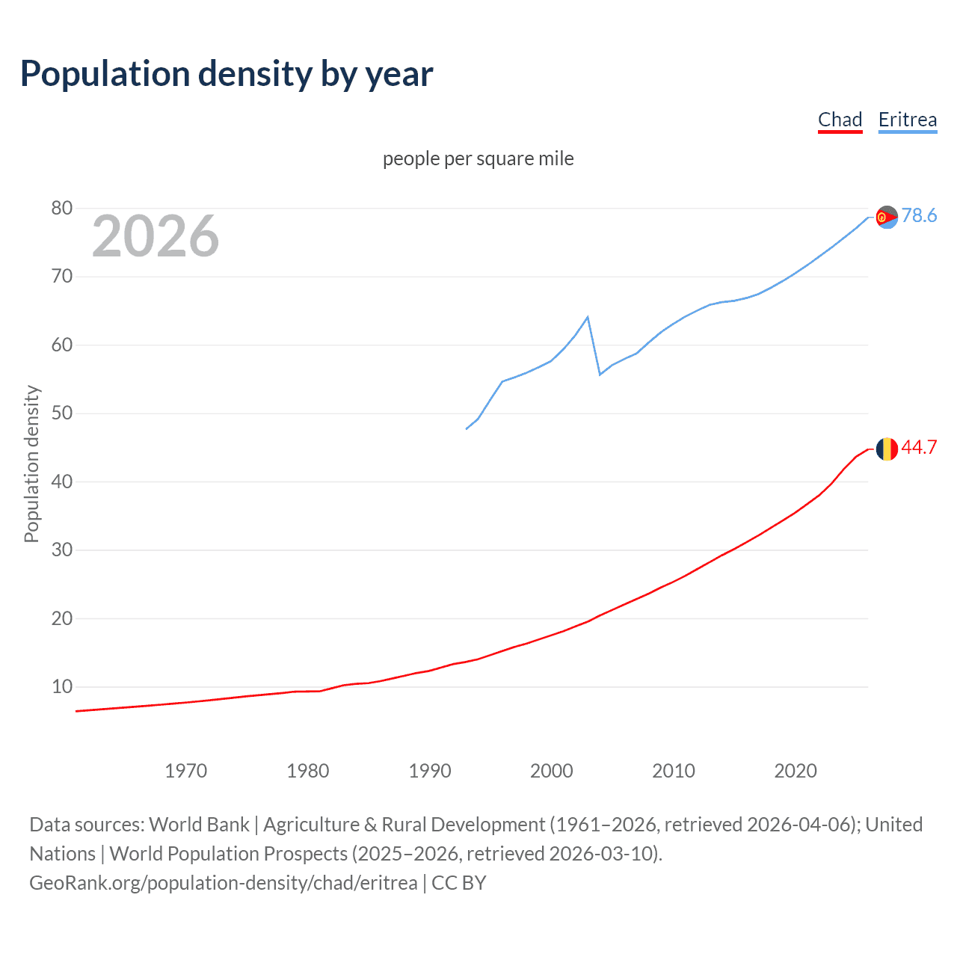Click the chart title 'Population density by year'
[x=227, y=74]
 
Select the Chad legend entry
[x=840, y=120]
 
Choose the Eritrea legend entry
[x=907, y=120]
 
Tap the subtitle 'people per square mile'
[x=478, y=159]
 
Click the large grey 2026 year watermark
[x=156, y=236]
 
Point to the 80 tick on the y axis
[x=62, y=209]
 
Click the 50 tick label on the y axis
[x=62, y=413]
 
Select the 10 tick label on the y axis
[x=62, y=686]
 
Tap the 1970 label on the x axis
[x=185, y=771]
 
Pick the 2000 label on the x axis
[x=551, y=771]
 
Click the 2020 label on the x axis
[x=795, y=771]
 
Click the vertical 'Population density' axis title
[x=31, y=464]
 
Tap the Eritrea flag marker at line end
[x=887, y=218]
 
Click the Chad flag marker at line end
[x=887, y=449]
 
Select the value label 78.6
[x=919, y=216]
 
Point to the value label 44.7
[x=919, y=448]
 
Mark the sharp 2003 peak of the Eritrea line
[x=588, y=317]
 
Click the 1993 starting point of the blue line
[x=467, y=428]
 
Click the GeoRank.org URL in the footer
[x=223, y=883]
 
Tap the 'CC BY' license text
[x=458, y=883]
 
